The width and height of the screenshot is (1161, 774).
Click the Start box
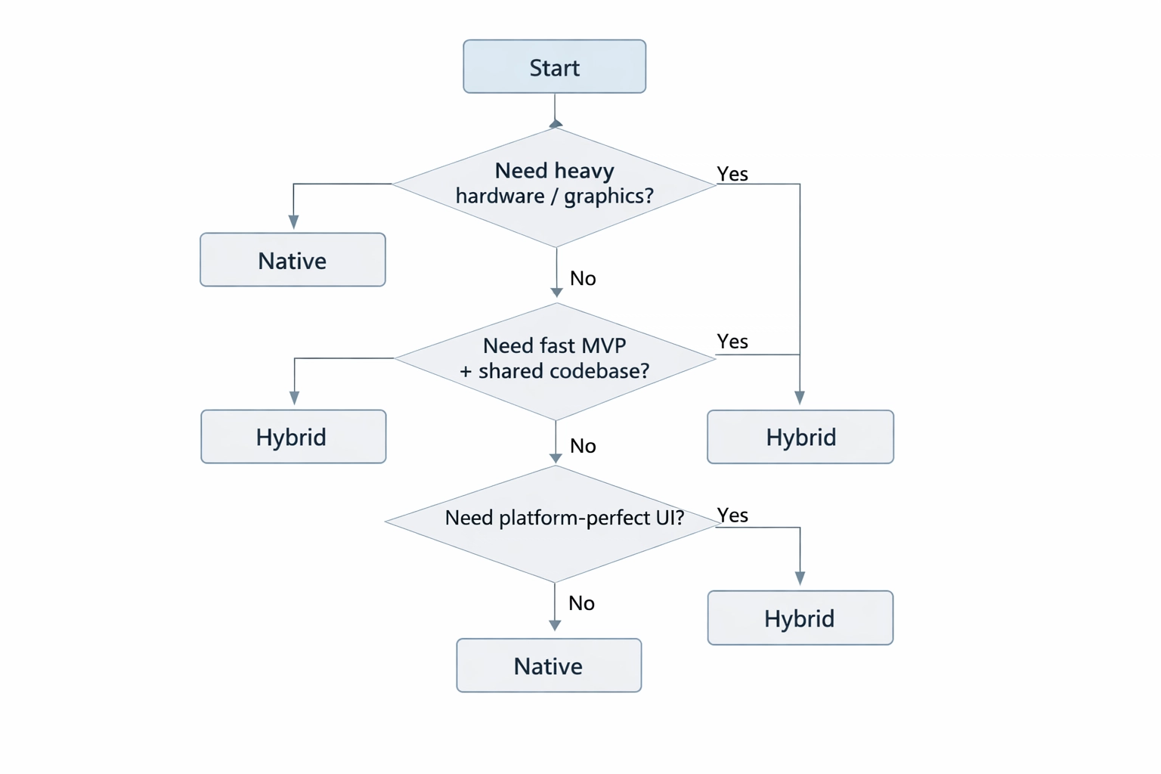(x=554, y=67)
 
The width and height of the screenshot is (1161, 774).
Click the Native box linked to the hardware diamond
(x=293, y=260)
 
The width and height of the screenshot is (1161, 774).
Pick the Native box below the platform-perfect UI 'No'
(x=549, y=665)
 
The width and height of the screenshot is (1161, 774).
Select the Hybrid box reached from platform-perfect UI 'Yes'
(x=800, y=618)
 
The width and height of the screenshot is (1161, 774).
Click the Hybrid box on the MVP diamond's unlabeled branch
(x=293, y=437)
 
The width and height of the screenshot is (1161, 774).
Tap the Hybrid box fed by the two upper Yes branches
(x=800, y=437)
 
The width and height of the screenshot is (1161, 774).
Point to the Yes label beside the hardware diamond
(x=732, y=174)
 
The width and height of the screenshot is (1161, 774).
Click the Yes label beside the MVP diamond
(x=732, y=342)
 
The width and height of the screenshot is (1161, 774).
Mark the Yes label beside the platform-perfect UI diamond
(x=732, y=515)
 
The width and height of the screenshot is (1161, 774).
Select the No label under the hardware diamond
(x=583, y=279)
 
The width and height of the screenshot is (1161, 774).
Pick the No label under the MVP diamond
(x=583, y=446)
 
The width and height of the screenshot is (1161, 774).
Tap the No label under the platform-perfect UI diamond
(x=581, y=603)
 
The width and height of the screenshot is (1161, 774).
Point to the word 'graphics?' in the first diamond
(x=608, y=197)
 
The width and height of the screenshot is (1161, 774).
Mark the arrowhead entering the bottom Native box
(x=555, y=626)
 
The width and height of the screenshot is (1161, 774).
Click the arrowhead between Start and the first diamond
(x=556, y=123)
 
